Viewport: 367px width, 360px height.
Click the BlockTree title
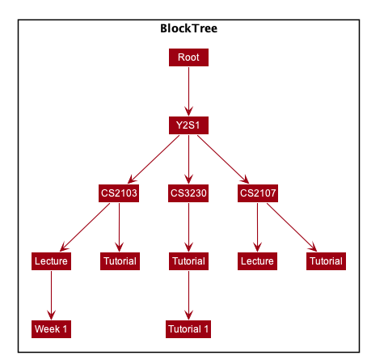(x=188, y=28)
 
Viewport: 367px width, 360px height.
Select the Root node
(x=188, y=57)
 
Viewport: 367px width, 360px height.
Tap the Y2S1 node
(x=188, y=125)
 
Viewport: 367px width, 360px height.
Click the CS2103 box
(x=119, y=193)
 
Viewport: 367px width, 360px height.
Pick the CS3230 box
(x=188, y=193)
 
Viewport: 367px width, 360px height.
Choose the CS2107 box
(x=258, y=193)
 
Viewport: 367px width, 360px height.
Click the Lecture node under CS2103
(x=51, y=261)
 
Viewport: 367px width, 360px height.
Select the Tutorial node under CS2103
(x=120, y=261)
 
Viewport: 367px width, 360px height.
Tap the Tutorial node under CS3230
(x=188, y=261)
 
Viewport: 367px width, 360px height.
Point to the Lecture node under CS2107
(x=257, y=261)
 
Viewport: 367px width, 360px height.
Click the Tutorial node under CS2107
(x=326, y=261)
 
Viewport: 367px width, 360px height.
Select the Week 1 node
(x=51, y=329)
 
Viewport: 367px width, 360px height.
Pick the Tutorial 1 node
(x=188, y=329)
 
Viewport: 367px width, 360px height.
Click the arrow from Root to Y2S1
(x=188, y=91)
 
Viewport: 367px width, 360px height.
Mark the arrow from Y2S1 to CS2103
(x=154, y=159)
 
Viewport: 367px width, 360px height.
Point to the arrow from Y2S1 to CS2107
(x=223, y=159)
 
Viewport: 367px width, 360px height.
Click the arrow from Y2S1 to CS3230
(x=188, y=159)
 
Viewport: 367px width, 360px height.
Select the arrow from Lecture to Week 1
(x=51, y=295)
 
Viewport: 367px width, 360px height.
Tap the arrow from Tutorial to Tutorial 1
(x=188, y=295)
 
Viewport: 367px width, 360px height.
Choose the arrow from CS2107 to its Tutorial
(x=292, y=227)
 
